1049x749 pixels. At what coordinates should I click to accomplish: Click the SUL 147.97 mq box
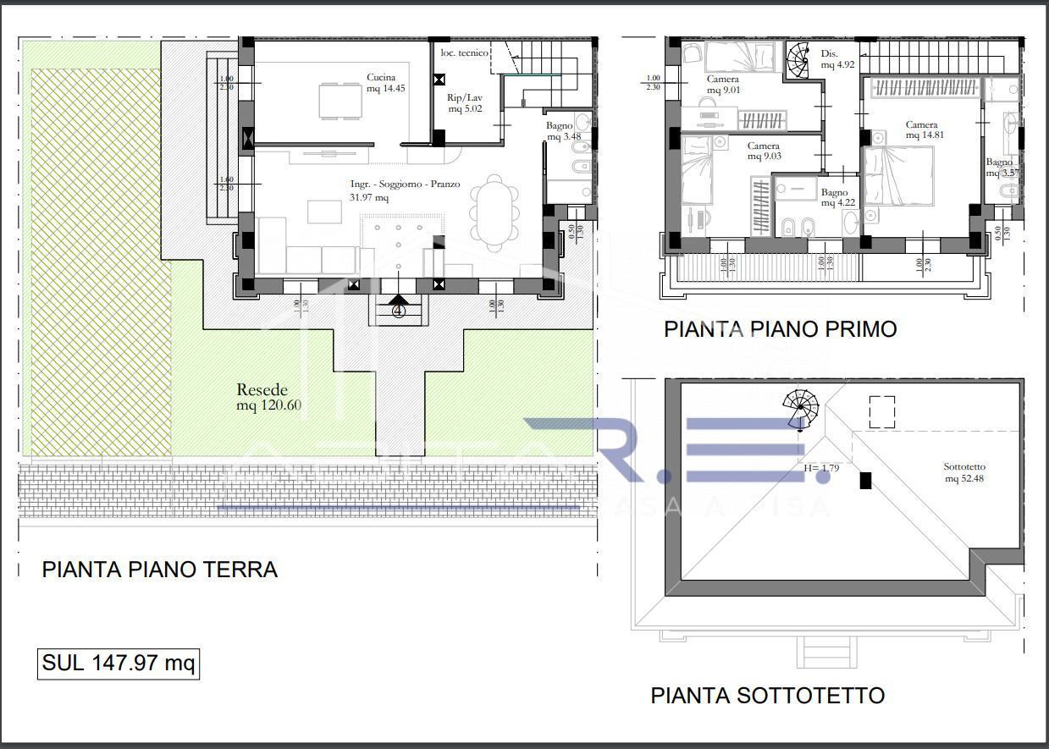click(119, 664)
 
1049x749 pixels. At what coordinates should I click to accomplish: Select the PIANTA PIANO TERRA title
click(159, 570)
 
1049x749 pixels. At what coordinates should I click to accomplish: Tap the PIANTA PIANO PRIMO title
click(780, 329)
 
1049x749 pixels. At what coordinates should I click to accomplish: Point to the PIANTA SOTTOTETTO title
click(767, 696)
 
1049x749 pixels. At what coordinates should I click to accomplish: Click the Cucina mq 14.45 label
click(381, 83)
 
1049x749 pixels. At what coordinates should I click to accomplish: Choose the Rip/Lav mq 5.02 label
click(465, 102)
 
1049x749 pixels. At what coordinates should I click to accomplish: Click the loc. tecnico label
click(464, 53)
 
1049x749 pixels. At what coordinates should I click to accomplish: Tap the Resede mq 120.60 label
click(268, 398)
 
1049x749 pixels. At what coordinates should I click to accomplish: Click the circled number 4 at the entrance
click(400, 311)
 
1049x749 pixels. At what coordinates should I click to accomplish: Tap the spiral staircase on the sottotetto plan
click(801, 410)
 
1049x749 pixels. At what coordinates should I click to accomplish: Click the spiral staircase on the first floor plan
click(799, 61)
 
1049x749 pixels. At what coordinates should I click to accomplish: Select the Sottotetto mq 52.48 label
click(964, 472)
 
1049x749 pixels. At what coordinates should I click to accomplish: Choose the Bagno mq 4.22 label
click(834, 198)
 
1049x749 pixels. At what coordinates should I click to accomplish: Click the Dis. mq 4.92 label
click(838, 58)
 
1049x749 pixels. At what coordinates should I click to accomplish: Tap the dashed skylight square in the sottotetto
click(881, 412)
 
